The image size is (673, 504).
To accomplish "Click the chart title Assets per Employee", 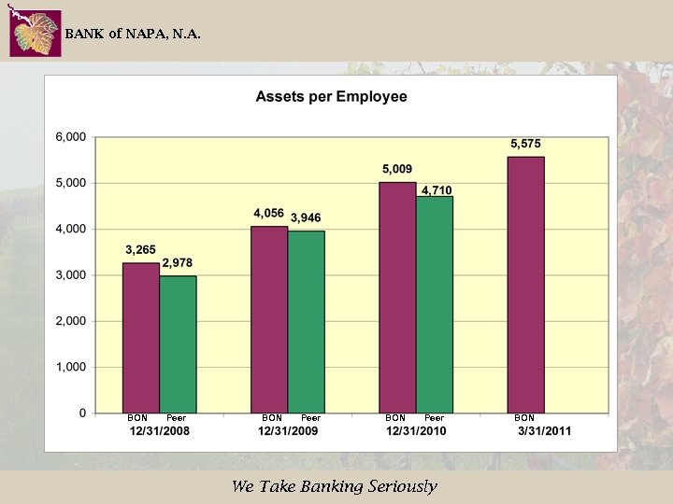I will tap(331, 97).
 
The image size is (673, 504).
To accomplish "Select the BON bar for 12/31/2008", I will tap(141, 337).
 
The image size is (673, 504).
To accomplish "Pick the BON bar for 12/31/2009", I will tap(269, 319).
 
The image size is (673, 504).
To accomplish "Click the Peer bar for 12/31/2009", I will tap(307, 321).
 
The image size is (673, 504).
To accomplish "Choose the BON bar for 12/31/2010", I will tap(397, 297).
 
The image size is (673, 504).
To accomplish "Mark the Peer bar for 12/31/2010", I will tap(435, 304).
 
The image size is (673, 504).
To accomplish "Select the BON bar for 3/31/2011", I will tap(525, 284).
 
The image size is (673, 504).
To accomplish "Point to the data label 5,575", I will tap(525, 144).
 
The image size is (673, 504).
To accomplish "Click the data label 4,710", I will tap(437, 190).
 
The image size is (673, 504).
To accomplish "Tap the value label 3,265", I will tap(141, 250).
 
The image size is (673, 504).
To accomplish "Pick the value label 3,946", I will tap(306, 218).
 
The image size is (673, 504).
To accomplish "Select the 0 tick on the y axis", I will tap(82, 413).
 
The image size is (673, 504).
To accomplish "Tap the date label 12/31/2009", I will tap(288, 431).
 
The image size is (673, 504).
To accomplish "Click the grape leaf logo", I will tap(36, 35).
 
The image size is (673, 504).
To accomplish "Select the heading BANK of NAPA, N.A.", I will tap(132, 35).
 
